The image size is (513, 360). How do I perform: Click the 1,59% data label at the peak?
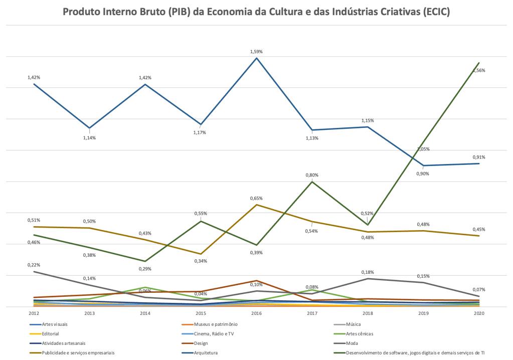click(x=256, y=52)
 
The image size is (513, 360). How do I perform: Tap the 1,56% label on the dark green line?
click(x=479, y=71)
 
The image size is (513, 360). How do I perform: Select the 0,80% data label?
click(x=312, y=175)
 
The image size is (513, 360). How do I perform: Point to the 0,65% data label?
click(x=256, y=199)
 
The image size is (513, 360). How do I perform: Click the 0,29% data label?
click(x=145, y=269)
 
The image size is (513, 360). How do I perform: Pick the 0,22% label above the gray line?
click(x=34, y=265)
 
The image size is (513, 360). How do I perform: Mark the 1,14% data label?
click(x=89, y=137)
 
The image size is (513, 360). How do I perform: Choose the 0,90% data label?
click(x=423, y=173)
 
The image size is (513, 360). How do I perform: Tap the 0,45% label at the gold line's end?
click(x=479, y=230)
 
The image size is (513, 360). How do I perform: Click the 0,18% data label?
click(x=368, y=272)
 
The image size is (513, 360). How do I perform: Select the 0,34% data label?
click(x=201, y=261)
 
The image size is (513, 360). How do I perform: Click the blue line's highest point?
click(x=257, y=58)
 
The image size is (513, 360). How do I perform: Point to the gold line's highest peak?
click(x=257, y=205)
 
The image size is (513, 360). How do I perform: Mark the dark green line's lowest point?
click(x=145, y=261)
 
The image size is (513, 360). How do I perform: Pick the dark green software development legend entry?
click(x=411, y=352)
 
